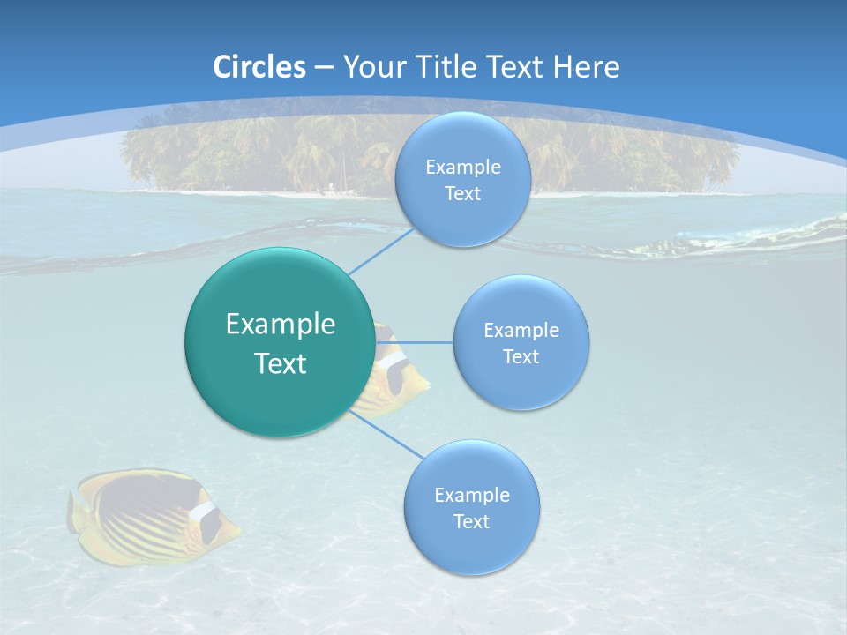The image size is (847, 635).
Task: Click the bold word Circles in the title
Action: click(259, 67)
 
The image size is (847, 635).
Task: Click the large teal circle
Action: click(280, 342)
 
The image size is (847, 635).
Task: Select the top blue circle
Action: click(462, 180)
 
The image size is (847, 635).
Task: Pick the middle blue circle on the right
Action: click(521, 342)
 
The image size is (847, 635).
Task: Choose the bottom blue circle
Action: click(471, 507)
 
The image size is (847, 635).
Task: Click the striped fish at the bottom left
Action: click(150, 507)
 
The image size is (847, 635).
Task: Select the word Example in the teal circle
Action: click(280, 325)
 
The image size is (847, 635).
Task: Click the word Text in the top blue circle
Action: click(462, 194)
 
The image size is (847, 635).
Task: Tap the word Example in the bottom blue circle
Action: click(471, 495)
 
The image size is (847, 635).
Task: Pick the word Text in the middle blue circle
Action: click(521, 356)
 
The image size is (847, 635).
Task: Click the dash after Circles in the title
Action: click(324, 68)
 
